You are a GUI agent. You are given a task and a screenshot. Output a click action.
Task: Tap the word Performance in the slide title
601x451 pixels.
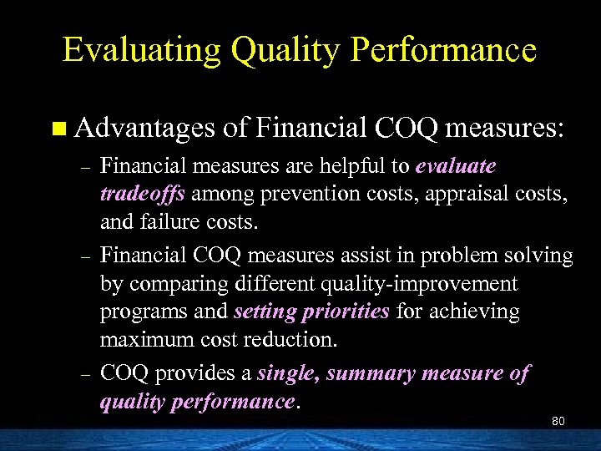click(444, 51)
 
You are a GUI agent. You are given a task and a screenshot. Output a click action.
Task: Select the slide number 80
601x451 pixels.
click(558, 421)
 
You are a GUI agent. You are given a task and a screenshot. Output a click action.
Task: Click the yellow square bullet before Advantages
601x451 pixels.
click(57, 129)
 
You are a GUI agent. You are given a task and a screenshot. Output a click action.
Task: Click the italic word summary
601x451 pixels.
click(371, 373)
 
